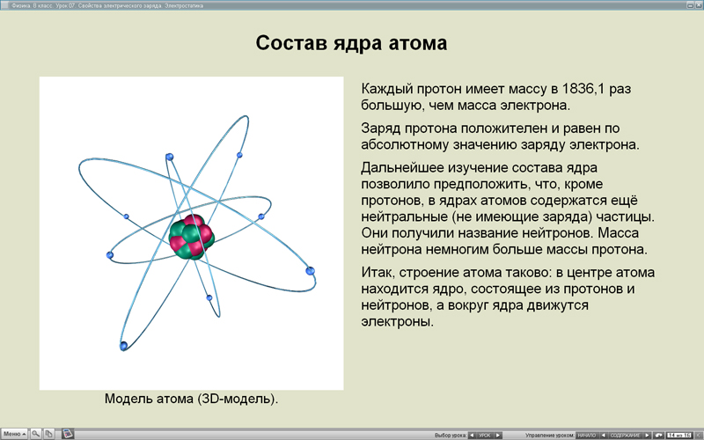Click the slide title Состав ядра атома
pyautogui.click(x=351, y=43)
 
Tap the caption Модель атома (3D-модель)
pyautogui.click(x=191, y=399)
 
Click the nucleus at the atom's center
pyautogui.click(x=191, y=234)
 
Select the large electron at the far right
pyautogui.click(x=310, y=270)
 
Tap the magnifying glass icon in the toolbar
pyautogui.click(x=36, y=434)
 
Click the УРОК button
pyautogui.click(x=485, y=435)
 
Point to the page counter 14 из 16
pyautogui.click(x=678, y=435)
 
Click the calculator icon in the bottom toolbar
pyautogui.click(x=67, y=434)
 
